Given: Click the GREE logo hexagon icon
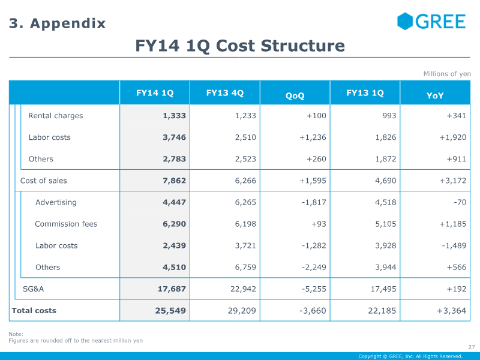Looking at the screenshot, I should point(405,22).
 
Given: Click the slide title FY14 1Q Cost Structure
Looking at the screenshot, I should point(240,46).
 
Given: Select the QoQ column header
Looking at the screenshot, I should point(295,95).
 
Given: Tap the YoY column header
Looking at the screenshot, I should point(435,95).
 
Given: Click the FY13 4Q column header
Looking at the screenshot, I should point(225,93).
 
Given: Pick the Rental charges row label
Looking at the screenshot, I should point(55,116).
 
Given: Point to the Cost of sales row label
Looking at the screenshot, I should point(44,181).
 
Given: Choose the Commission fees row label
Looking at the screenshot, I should point(66,224).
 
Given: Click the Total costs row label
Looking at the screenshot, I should point(34,310).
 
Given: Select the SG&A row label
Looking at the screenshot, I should point(34,289).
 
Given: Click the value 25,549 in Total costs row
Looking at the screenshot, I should point(171,311).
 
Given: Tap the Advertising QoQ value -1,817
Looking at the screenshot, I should point(314,202).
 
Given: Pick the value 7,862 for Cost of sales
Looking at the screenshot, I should point(174,181).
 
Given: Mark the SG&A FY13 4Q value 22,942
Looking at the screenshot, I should point(243,289).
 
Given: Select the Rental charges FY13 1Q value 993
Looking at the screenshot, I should point(389,116).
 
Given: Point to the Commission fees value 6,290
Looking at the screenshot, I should point(174,224).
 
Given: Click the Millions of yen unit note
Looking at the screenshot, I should point(447,74).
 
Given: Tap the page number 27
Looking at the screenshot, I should point(471,347).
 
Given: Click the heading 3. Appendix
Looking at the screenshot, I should point(57,23).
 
